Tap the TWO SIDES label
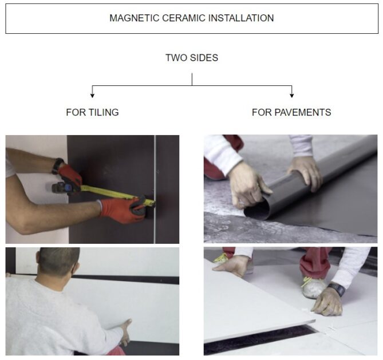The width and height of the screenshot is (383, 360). click(191, 58)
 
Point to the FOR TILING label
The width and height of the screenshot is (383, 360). click(92, 113)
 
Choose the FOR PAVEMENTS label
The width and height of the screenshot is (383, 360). click(291, 113)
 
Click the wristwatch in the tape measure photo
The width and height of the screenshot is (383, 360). click(57, 166)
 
